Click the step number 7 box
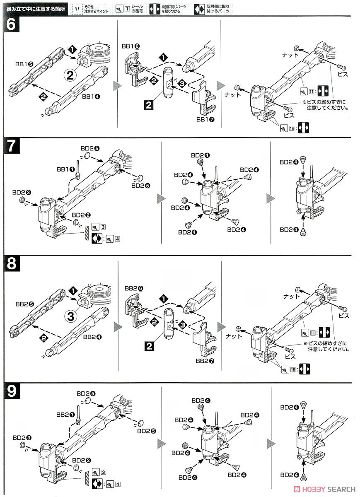(11, 146)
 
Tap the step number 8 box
(11, 264)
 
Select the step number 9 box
(11, 391)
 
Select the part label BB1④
(91, 97)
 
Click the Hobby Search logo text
(329, 488)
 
